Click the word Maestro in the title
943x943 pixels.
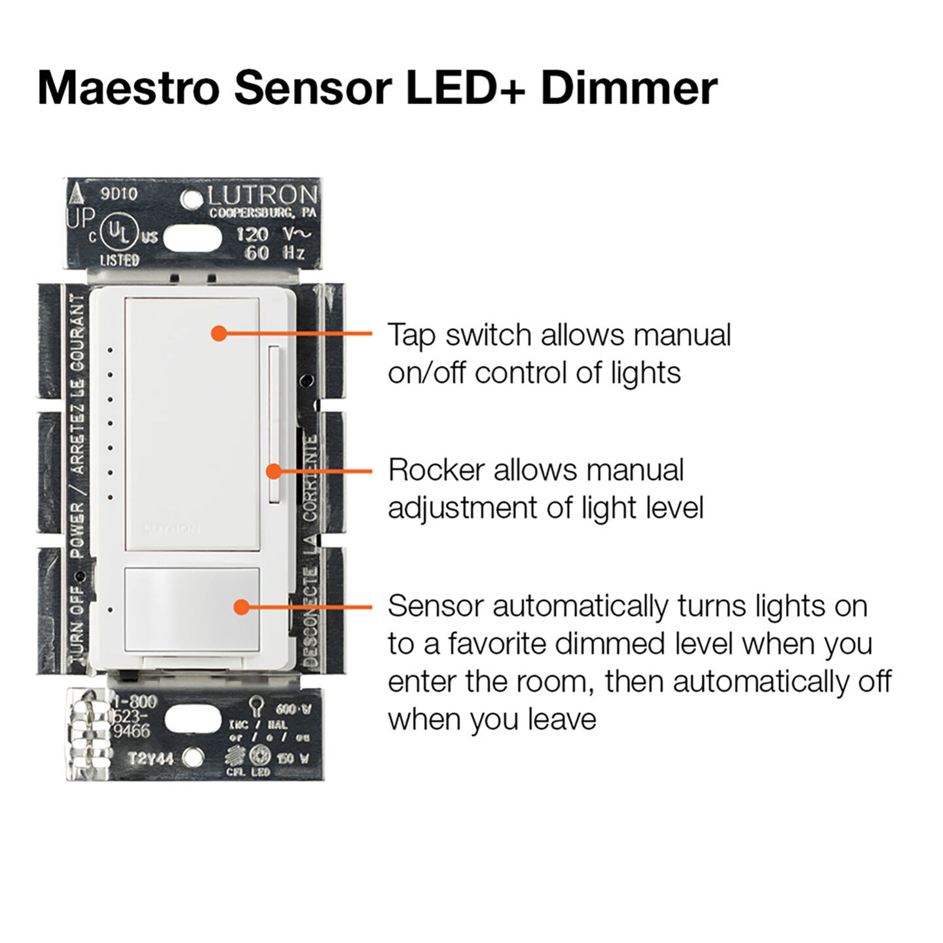[128, 88]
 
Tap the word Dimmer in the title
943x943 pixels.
[629, 88]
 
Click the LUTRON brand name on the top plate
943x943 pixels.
[263, 195]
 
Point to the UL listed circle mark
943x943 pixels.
[119, 233]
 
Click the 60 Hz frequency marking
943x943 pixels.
[274, 253]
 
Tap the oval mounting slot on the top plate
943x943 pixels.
[193, 238]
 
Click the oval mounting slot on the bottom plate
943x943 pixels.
[193, 719]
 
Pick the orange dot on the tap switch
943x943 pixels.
[219, 333]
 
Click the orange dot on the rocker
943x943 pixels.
[274, 471]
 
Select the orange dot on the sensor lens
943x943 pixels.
[242, 607]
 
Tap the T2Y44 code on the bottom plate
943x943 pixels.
[151, 758]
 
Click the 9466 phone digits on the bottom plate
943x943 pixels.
[132, 731]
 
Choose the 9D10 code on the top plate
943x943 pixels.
[119, 194]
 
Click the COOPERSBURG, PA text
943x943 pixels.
[263, 213]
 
